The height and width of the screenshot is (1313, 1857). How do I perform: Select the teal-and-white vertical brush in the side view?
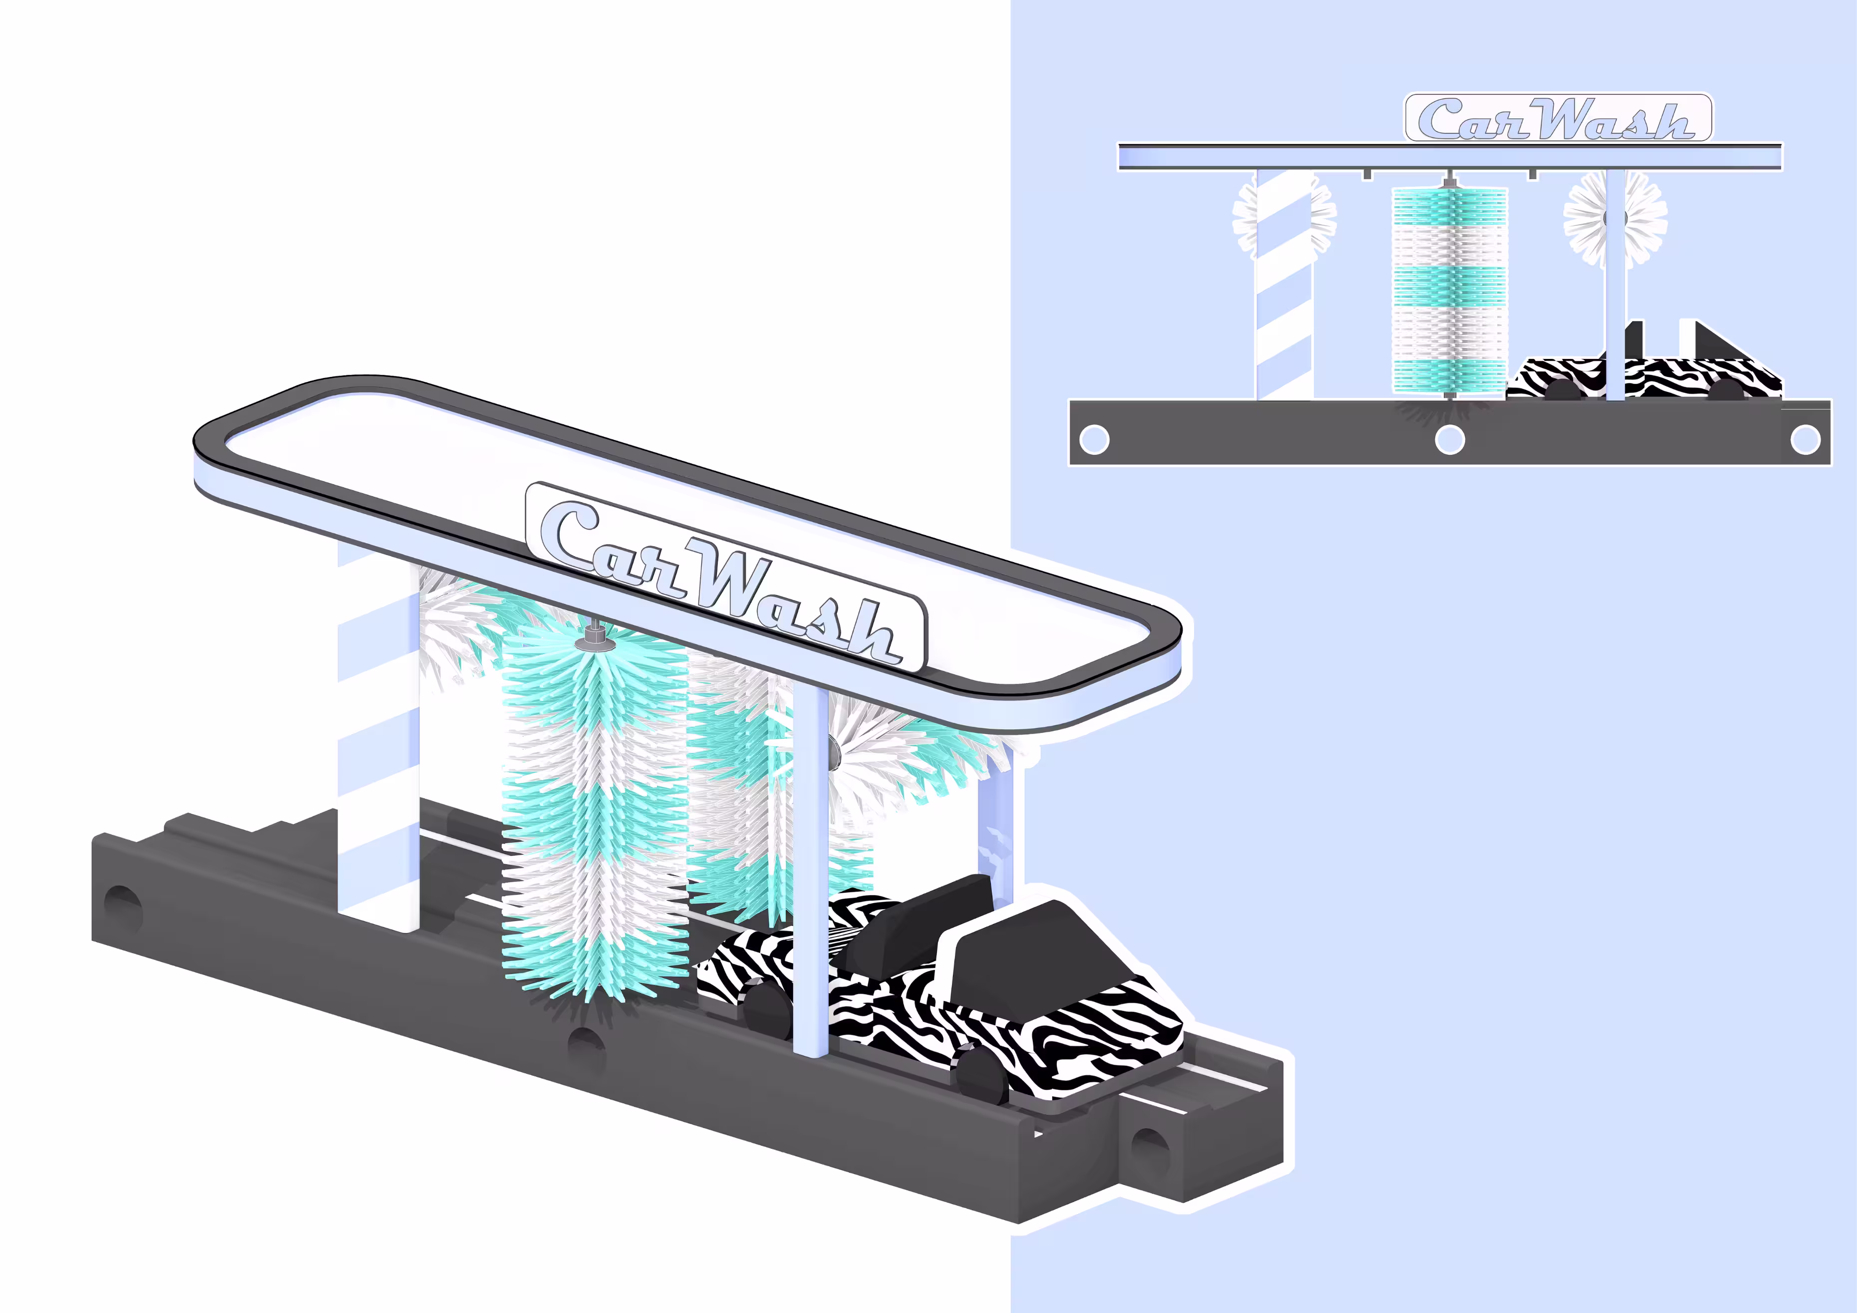(1449, 291)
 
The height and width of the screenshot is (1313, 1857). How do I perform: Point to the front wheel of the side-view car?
(1727, 390)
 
